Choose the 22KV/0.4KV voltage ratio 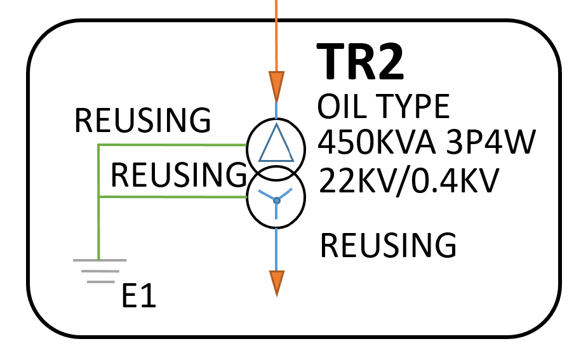click(407, 181)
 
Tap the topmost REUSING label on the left click(143, 119)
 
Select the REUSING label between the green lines click(178, 173)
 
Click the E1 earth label click(139, 296)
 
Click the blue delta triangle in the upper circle click(276, 145)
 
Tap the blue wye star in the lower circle click(276, 201)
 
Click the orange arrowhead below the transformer click(277, 283)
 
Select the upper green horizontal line click(171, 145)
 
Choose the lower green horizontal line click(171, 197)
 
